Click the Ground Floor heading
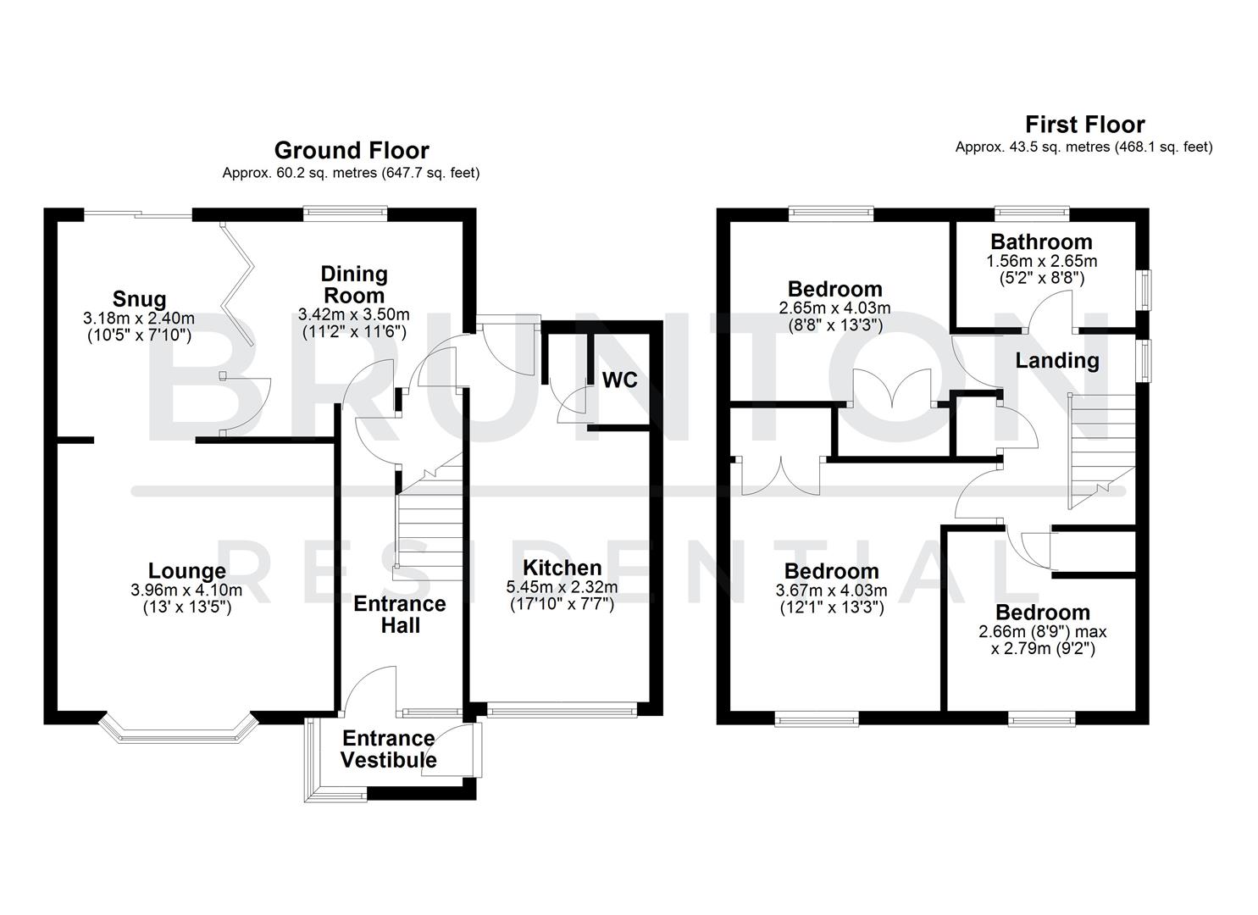pyautogui.click(x=351, y=151)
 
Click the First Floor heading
pyautogui.click(x=1084, y=125)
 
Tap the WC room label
pyautogui.click(x=619, y=380)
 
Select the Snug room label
pyautogui.click(x=140, y=299)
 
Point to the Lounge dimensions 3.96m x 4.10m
pyautogui.click(x=186, y=591)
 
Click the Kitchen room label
pyautogui.click(x=562, y=568)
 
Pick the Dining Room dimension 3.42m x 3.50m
pyautogui.click(x=354, y=314)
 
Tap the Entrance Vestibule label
pyautogui.click(x=388, y=749)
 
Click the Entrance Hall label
pyautogui.click(x=399, y=614)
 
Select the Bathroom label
pyautogui.click(x=1041, y=242)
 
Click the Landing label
pyautogui.click(x=1056, y=361)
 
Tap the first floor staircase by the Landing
pyautogui.click(x=1100, y=449)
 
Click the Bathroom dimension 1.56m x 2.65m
pyautogui.click(x=1041, y=261)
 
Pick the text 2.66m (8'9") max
pyautogui.click(x=1042, y=632)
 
